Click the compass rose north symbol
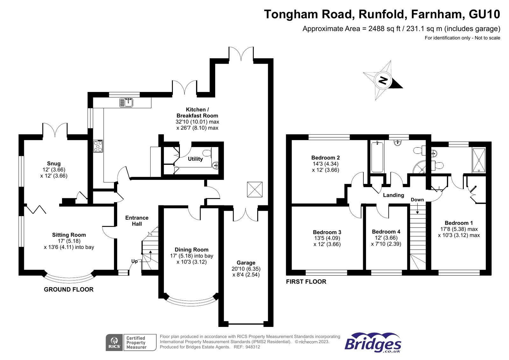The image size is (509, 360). [383, 80]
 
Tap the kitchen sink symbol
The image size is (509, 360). [126, 102]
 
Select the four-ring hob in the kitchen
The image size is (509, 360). [98, 146]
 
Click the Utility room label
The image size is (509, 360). [195, 159]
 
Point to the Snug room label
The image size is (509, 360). [54, 164]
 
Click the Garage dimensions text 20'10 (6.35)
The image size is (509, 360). [246, 269]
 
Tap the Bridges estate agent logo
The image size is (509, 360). [373, 343]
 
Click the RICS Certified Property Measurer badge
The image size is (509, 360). [131, 342]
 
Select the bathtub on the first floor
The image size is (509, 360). [377, 157]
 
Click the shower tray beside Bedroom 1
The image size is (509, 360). [479, 160]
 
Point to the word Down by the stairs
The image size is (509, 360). [417, 200]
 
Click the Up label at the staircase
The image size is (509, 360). [134, 261]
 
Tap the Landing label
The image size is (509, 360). [393, 195]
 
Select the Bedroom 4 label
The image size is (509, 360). [386, 232]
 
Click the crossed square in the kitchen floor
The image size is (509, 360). [255, 190]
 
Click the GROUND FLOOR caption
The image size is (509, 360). [69, 289]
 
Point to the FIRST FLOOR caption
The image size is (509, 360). [306, 282]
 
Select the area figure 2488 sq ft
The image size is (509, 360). [384, 29]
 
